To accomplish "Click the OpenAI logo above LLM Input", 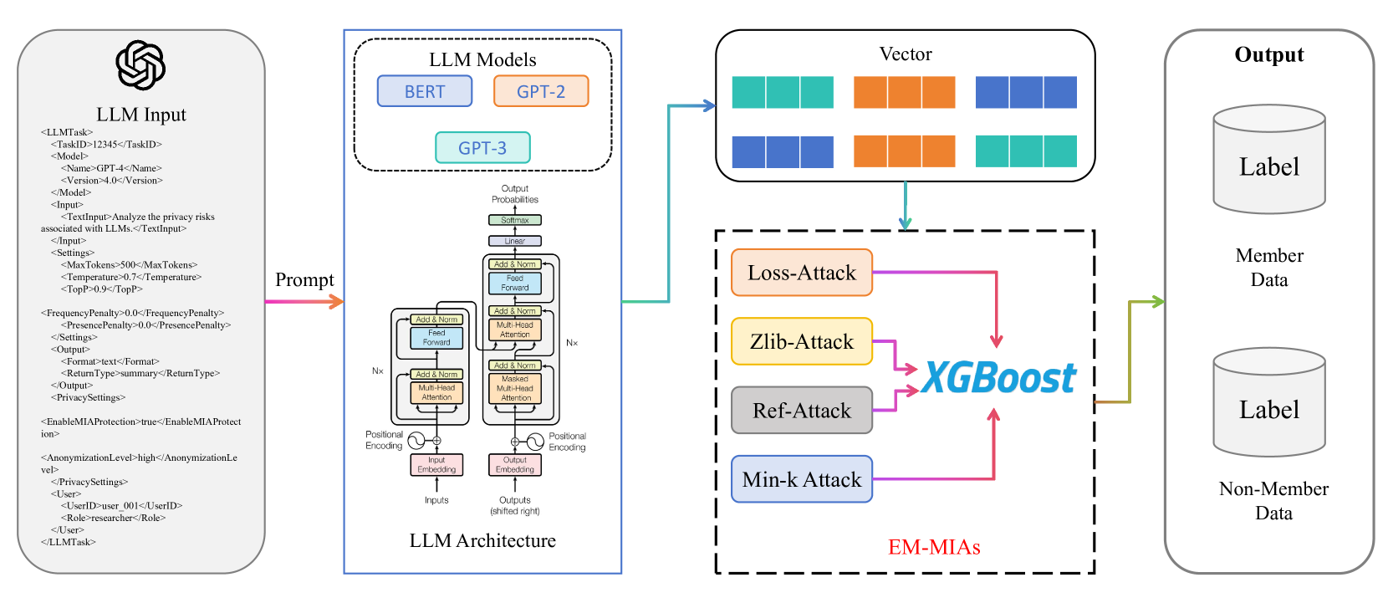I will coord(140,65).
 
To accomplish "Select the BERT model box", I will coord(425,91).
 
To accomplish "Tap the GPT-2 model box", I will coord(541,91).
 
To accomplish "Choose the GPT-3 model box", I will coord(482,148).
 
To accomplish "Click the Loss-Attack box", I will coord(802,273).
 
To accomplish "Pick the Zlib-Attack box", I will coord(802,341).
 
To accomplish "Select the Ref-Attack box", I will coord(802,411).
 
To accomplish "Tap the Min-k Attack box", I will coord(802,479).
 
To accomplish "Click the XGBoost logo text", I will coord(998,378).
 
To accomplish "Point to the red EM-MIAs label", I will coord(934,547).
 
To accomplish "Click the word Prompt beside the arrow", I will coord(304,280).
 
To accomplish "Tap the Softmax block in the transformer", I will coord(515,220).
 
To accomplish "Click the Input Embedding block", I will coord(436,465).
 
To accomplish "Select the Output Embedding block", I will coord(515,465).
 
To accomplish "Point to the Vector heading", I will coord(906,54).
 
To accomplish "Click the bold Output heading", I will coord(1269,55).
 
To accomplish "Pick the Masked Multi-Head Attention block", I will coord(515,389).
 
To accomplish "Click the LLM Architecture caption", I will coord(482,541).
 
